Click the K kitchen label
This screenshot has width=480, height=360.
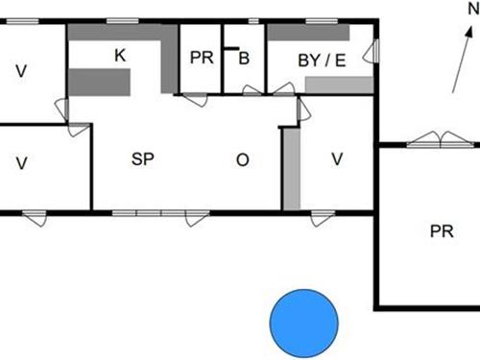point(119,56)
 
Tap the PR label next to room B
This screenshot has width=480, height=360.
point(201,59)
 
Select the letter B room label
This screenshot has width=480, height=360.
point(244,59)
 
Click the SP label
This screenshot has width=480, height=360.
point(143,159)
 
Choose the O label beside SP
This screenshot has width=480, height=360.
point(242,159)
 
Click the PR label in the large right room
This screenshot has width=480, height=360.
point(442,231)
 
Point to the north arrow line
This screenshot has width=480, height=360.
point(462,67)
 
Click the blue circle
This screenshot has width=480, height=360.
point(303,321)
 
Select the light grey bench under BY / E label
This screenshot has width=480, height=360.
point(338,85)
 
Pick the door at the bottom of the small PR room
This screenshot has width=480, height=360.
point(195,98)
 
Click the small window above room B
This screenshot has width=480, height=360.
point(252,19)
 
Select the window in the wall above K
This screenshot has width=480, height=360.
point(120,19)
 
